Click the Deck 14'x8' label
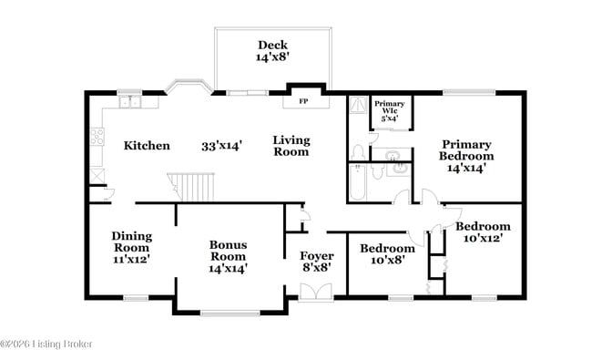coord(271,50)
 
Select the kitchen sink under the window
coord(129,101)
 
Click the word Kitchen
coord(147,145)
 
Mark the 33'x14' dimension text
coord(221,145)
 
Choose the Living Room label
coord(292,146)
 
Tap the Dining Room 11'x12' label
coord(131,247)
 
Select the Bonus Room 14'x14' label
coord(228,256)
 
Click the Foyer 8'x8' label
coord(316,261)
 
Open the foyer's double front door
coord(317,292)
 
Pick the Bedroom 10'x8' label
coord(387,253)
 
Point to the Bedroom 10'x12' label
coord(483,231)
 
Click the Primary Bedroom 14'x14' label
coord(467,155)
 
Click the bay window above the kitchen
coord(189,88)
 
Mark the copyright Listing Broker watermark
coord(46,344)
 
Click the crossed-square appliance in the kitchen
coord(97,175)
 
